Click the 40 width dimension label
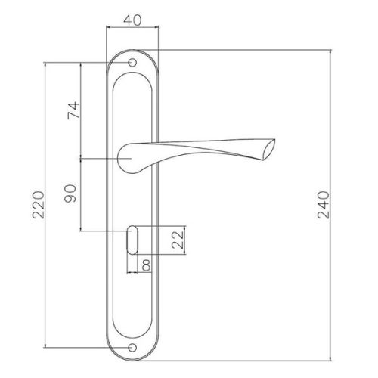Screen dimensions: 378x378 click(x=132, y=20)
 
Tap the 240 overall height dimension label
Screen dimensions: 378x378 click(x=323, y=205)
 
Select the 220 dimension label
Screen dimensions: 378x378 click(x=39, y=205)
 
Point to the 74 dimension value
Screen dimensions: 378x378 click(x=73, y=110)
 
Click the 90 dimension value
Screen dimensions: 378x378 click(x=70, y=194)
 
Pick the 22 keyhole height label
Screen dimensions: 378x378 click(x=178, y=240)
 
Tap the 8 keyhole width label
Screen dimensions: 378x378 click(x=146, y=265)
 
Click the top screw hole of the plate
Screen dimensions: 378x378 click(x=132, y=63)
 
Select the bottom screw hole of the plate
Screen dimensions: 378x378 click(x=132, y=348)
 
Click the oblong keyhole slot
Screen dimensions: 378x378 click(x=132, y=240)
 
